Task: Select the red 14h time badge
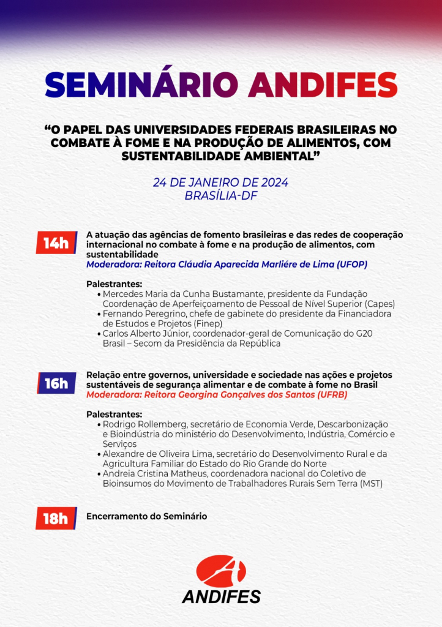click(56, 243)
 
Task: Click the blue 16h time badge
click(56, 383)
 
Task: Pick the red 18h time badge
click(55, 519)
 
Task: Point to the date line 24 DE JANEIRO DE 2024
click(220, 183)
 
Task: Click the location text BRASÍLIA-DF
click(220, 196)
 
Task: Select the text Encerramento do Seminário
click(146, 516)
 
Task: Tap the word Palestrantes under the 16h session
click(114, 414)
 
